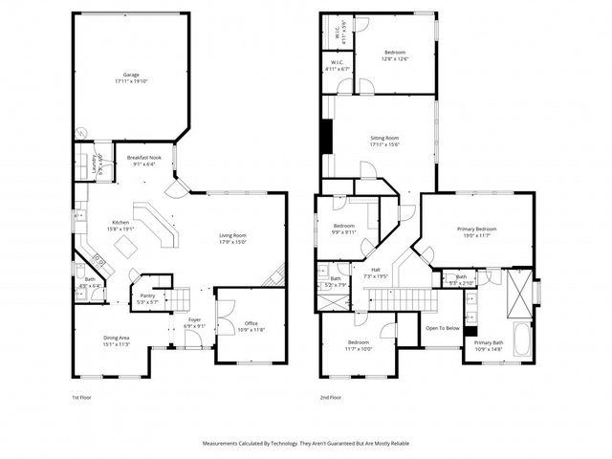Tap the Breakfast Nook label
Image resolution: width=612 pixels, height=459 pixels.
pyautogui.click(x=143, y=158)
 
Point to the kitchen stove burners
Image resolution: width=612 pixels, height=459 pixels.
pyautogui.click(x=98, y=258)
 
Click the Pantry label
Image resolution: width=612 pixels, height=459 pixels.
pyautogui.click(x=147, y=296)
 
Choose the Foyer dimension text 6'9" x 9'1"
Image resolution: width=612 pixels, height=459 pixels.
pyautogui.click(x=194, y=326)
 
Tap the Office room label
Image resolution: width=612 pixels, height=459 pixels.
pyautogui.click(x=251, y=323)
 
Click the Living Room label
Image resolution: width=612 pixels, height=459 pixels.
pyautogui.click(x=233, y=235)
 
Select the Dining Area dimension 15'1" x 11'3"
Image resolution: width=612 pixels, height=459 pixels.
pyautogui.click(x=122, y=344)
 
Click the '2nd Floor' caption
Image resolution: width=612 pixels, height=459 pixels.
pyautogui.click(x=331, y=397)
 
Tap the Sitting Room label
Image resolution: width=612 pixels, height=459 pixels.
pyautogui.click(x=384, y=139)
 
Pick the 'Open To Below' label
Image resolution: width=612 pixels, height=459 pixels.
pyautogui.click(x=442, y=328)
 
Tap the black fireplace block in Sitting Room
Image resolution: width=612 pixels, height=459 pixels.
pyautogui.click(x=328, y=136)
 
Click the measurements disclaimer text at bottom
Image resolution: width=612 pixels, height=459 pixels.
pyautogui.click(x=305, y=444)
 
